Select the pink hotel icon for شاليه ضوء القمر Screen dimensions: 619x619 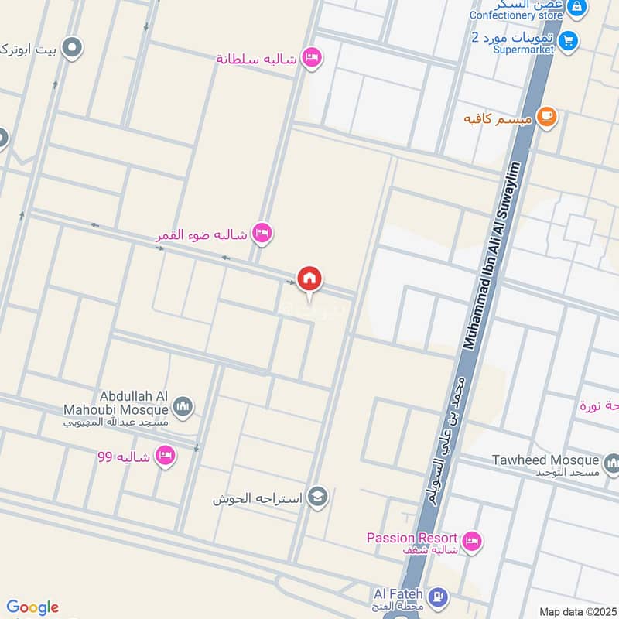pos(263,234)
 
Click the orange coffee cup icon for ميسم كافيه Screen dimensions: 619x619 pos(546,118)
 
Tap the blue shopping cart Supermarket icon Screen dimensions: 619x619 pos(569,39)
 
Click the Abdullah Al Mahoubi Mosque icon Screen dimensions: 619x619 pos(183,408)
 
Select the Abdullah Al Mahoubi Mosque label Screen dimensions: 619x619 pos(128,402)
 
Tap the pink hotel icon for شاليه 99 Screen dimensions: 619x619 pos(165,457)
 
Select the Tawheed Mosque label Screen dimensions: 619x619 pos(545,460)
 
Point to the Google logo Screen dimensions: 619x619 pos(32,607)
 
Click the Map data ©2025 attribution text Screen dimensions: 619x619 pos(576,611)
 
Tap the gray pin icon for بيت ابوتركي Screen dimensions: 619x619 pos(72,49)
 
